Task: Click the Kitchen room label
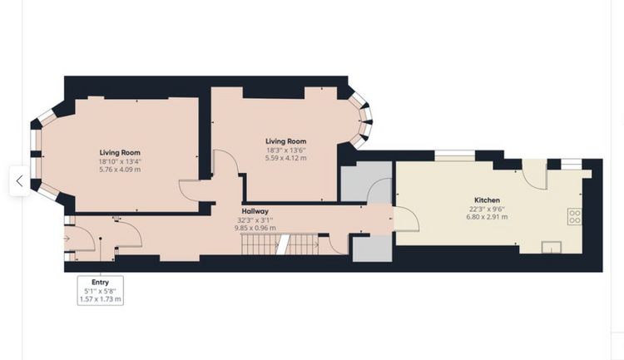click(x=487, y=200)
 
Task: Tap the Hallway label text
click(x=255, y=211)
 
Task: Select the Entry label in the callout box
click(x=100, y=282)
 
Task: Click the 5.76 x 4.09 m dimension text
click(x=120, y=170)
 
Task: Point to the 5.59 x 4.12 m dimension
click(x=285, y=158)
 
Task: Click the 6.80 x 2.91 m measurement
click(x=487, y=217)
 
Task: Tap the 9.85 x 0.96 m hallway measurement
click(x=255, y=228)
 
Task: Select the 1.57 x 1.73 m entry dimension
click(x=100, y=298)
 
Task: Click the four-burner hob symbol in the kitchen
click(x=574, y=216)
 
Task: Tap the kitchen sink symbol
click(x=551, y=247)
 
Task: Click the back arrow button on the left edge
click(x=19, y=181)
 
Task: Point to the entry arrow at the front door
click(x=67, y=239)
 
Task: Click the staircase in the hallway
click(x=280, y=244)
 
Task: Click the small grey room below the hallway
click(x=373, y=249)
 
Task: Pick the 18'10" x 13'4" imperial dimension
click(x=120, y=161)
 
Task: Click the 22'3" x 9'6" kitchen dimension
click(x=487, y=210)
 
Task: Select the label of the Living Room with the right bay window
click(x=285, y=141)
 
